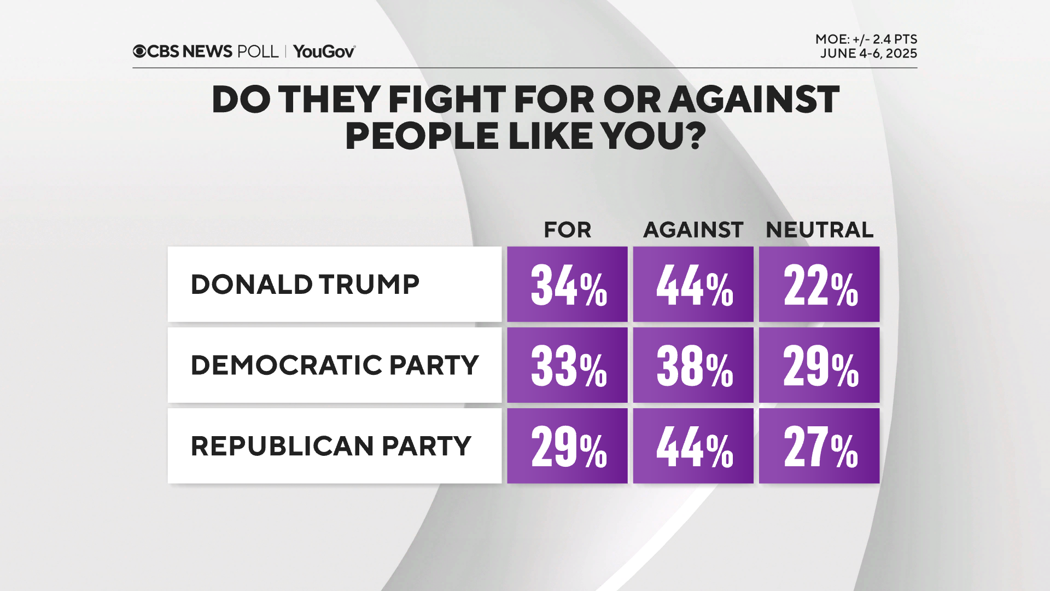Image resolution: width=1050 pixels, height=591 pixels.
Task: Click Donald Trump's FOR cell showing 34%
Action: tap(567, 284)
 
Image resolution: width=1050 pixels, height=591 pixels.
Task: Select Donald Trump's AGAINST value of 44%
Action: tap(693, 284)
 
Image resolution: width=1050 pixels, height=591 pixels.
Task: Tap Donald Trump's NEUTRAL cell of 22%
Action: tap(819, 284)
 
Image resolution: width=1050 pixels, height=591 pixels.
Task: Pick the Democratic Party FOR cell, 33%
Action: tap(567, 365)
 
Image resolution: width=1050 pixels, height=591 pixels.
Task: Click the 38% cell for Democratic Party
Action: tap(693, 365)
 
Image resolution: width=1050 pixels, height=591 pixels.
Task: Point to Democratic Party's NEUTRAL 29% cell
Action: tap(819, 365)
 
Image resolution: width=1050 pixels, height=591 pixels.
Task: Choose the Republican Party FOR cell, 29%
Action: tap(567, 446)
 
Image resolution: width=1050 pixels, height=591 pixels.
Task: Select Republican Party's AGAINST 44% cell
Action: tap(693, 446)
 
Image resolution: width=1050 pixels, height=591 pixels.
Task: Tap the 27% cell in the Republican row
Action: tap(819, 446)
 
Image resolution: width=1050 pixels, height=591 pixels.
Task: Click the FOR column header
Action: tap(567, 230)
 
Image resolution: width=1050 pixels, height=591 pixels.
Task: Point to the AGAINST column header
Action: tap(693, 230)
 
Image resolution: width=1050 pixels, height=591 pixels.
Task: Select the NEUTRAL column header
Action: tap(819, 230)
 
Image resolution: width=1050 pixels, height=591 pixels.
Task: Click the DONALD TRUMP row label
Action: tap(305, 285)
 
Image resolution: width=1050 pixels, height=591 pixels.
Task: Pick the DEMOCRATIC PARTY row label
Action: tap(334, 365)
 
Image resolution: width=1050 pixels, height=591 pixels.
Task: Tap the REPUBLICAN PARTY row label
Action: tap(330, 446)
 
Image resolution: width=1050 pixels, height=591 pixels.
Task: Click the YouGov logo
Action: tap(324, 51)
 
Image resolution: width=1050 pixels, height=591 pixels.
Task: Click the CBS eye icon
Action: tap(139, 51)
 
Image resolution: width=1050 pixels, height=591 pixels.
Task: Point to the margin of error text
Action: tap(866, 39)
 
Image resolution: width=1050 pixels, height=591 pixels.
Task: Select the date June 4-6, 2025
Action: tap(868, 54)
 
